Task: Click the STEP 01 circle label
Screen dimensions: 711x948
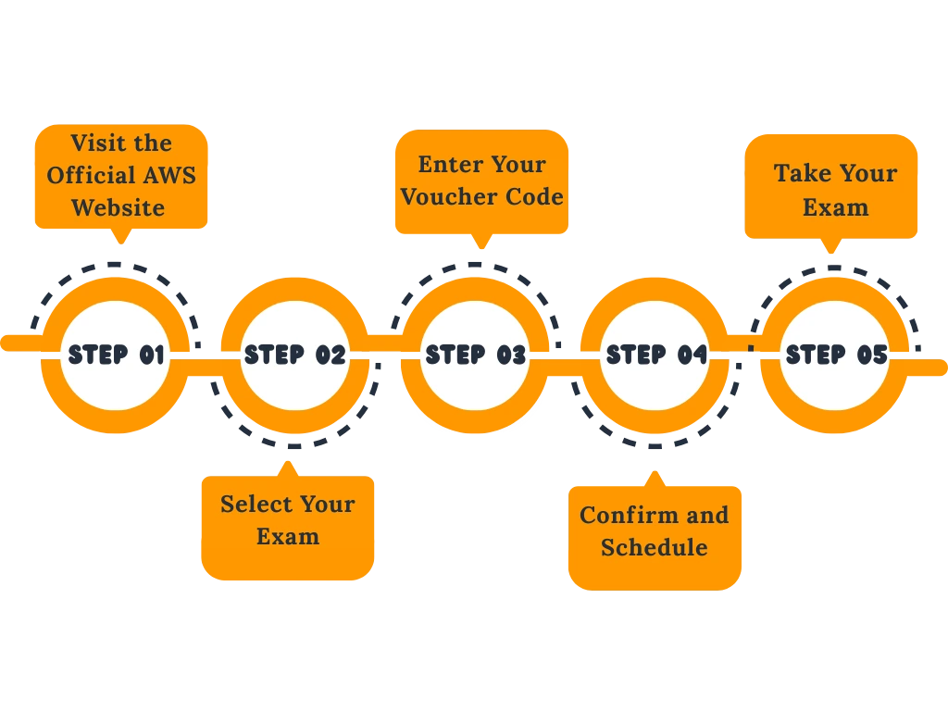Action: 116,355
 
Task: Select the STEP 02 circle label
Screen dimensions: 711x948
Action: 294,355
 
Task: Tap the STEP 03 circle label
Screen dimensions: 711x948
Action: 475,355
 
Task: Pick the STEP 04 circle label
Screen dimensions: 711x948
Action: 656,355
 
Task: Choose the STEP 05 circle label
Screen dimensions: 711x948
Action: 836,355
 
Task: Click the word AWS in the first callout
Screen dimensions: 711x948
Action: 170,175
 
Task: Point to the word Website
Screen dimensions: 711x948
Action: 118,207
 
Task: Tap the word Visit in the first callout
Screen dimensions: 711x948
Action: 94,143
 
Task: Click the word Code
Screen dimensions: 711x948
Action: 534,196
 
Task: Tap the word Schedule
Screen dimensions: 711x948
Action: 654,547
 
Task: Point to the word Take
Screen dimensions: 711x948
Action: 801,173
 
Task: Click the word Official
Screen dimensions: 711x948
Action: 93,175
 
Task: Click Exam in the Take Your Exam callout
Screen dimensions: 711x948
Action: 835,206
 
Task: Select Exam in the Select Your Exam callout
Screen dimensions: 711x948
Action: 288,536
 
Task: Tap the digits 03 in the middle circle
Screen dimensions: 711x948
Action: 511,355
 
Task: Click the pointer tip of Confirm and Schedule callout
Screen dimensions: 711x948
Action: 655,471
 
